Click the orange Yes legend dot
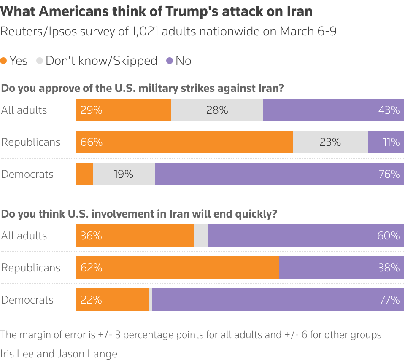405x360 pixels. [x=4, y=61]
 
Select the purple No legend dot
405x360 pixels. [x=170, y=61]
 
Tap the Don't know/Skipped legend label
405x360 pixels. [x=101, y=61]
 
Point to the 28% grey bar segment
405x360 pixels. [x=217, y=110]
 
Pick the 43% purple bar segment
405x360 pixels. [x=333, y=110]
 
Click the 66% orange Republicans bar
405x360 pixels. [x=184, y=142]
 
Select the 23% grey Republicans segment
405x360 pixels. [x=330, y=142]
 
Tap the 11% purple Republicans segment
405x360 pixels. [x=386, y=142]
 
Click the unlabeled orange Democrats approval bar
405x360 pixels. [x=84, y=174]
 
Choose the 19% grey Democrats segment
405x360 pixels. [x=124, y=174]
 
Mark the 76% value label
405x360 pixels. [x=389, y=174]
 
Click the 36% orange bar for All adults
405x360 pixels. [x=135, y=236]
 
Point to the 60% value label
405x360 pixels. [x=389, y=236]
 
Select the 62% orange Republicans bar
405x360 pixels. [x=177, y=268]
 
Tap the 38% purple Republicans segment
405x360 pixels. [x=341, y=268]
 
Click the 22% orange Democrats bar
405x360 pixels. [x=112, y=300]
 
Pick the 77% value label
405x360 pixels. [x=389, y=300]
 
